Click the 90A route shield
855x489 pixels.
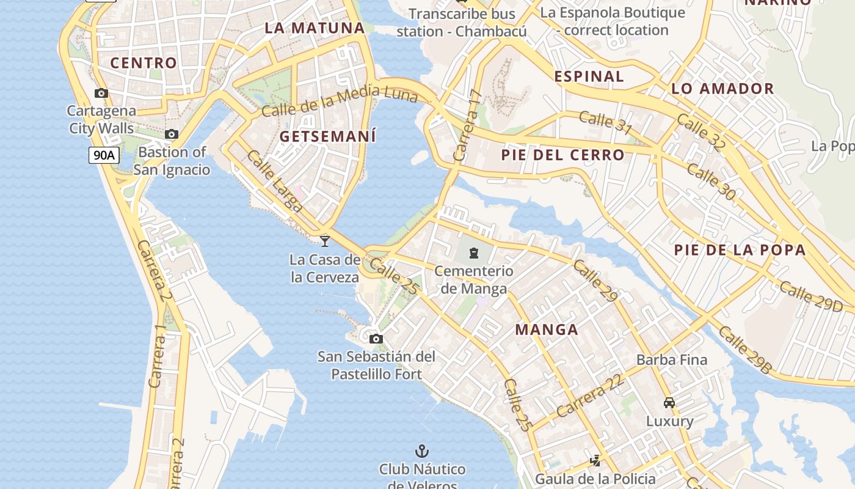pos(103,155)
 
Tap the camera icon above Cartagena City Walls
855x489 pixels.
pos(101,94)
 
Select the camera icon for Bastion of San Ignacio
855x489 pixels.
pos(172,134)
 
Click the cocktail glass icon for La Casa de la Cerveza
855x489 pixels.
pos(325,241)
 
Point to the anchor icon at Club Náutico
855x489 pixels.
pos(421,452)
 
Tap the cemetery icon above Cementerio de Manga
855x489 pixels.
pos(474,252)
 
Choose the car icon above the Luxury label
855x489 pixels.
pos(669,403)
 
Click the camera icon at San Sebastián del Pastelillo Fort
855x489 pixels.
pos(376,339)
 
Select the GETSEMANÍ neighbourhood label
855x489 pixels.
pos(328,137)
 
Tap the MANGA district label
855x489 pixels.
pos(547,330)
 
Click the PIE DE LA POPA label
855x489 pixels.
pos(740,250)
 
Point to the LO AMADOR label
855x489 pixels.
pos(722,89)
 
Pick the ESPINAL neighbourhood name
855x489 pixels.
pos(589,76)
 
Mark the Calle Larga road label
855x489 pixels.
pos(274,181)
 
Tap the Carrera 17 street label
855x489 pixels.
pos(468,125)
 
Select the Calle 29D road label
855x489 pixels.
pos(810,296)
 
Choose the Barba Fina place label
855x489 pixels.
pos(672,359)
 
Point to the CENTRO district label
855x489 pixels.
pos(144,63)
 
